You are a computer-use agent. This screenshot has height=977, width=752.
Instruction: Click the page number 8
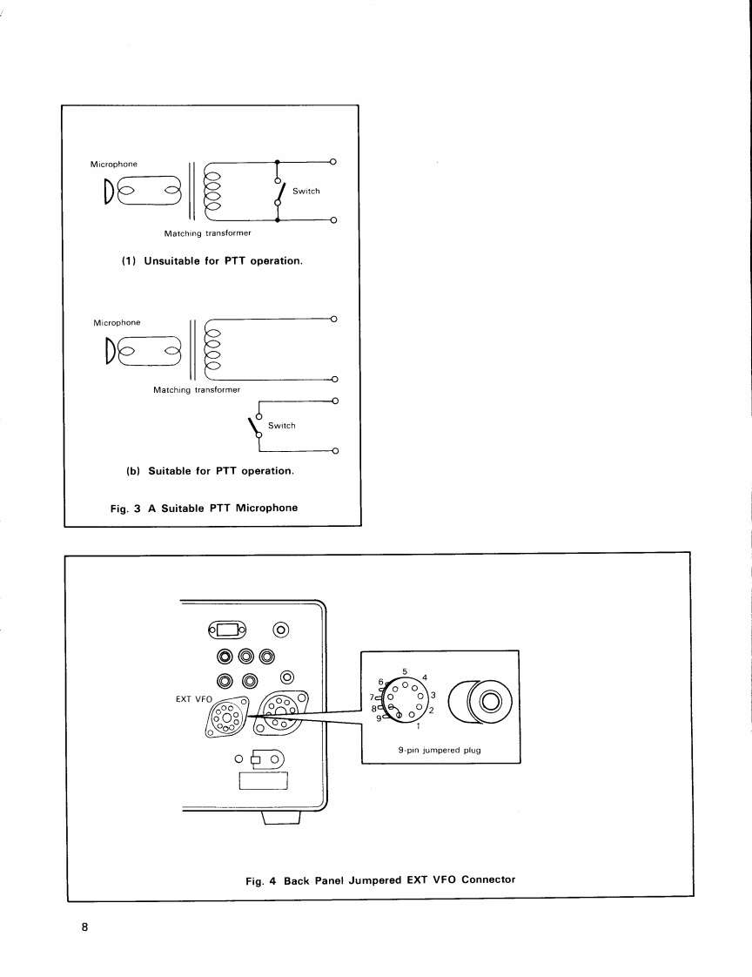tap(85, 926)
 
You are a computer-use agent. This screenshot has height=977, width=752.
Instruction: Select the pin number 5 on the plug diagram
tap(404, 671)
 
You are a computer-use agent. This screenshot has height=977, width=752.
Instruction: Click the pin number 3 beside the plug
tap(433, 694)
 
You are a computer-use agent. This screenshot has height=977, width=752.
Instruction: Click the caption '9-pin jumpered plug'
tap(440, 750)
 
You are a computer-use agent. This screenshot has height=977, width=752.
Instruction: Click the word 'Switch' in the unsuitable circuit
tap(306, 191)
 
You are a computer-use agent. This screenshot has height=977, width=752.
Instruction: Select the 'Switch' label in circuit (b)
tap(282, 426)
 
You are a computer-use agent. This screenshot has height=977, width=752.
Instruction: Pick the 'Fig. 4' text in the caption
tap(261, 879)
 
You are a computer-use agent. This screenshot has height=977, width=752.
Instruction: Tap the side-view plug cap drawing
tap(480, 701)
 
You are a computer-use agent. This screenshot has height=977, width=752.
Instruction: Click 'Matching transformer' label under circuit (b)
tap(191, 390)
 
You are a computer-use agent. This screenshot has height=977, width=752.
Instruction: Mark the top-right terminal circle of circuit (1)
tap(334, 162)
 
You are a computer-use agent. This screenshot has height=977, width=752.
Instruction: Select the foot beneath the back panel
tap(281, 817)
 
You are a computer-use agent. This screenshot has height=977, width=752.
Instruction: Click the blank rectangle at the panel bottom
tap(262, 783)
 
